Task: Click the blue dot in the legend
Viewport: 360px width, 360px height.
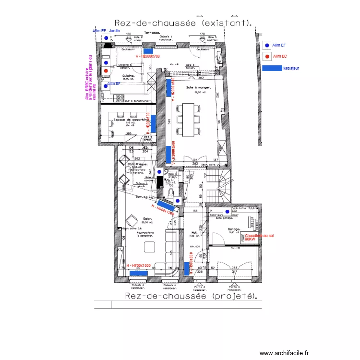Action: click(267, 45)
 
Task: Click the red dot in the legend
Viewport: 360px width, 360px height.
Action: click(267, 57)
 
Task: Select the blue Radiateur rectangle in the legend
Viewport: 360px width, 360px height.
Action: click(272, 68)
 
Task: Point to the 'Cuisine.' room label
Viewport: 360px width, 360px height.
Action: click(128, 76)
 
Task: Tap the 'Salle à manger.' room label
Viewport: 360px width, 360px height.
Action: click(197, 87)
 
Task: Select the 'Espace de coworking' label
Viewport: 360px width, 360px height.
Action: click(129, 120)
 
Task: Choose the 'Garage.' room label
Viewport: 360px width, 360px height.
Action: click(234, 229)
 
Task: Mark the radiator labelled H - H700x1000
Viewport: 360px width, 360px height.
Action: click(139, 273)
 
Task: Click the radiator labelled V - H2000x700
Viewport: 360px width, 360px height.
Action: click(147, 50)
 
